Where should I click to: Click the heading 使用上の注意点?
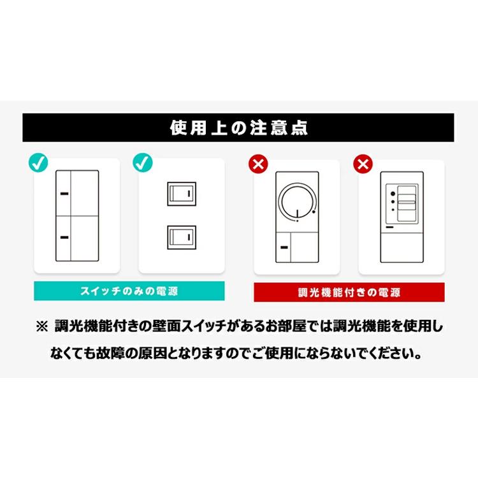238,127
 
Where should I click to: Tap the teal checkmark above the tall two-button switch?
39,163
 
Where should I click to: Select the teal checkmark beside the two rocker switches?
143,163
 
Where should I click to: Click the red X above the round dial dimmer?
258,164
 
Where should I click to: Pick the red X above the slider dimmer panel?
363,164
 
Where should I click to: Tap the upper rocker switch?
182,194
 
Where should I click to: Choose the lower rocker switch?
182,237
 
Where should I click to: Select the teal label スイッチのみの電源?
129,291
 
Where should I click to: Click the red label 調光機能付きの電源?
349,293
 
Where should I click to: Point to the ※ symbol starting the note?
42,327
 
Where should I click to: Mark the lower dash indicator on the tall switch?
65,237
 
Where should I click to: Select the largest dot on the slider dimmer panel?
393,193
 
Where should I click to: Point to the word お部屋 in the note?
293,327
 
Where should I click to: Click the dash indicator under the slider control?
390,226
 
